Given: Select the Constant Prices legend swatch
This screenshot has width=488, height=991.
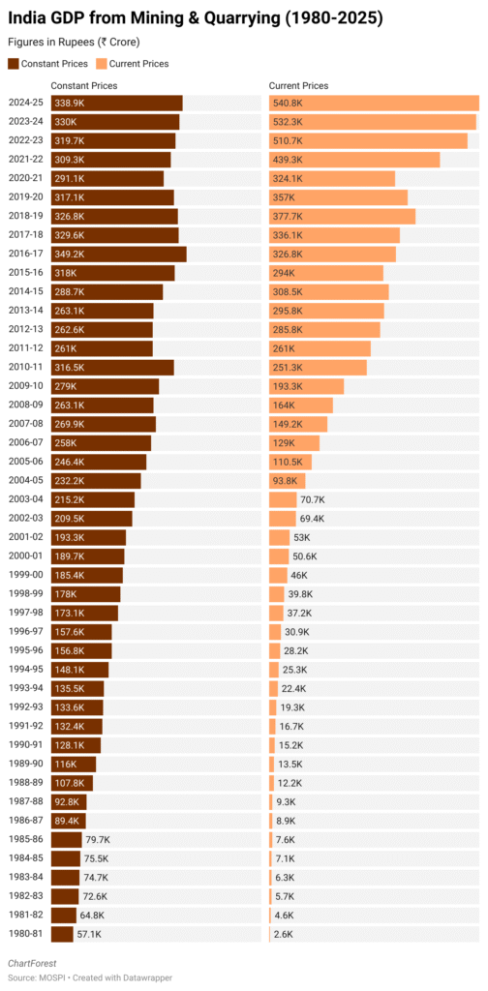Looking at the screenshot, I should tap(14, 64).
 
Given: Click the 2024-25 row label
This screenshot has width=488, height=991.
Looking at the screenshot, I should tap(24, 103).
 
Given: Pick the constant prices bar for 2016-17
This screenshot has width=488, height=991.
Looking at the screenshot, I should tap(118, 254).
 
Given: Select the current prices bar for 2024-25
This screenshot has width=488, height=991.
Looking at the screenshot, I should tap(374, 103).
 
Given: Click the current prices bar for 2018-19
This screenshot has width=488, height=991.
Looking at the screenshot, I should tap(342, 216).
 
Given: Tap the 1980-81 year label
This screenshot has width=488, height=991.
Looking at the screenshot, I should tap(24, 935).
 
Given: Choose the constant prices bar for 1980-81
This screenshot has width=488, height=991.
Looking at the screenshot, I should tap(62, 935).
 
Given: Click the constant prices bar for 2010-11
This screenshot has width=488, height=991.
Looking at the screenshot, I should tap(112, 367).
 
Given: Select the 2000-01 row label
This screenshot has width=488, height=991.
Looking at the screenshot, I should tap(24, 556).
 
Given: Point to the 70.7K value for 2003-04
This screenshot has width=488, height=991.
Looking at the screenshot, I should tap(313, 499).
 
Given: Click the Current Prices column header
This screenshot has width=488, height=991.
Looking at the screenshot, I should tap(296, 86).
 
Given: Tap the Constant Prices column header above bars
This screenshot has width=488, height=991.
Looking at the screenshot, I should tap(84, 86).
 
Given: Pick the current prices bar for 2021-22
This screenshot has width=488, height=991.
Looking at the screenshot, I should tap(354, 160).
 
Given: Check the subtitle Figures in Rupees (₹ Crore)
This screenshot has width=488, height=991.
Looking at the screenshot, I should tap(73, 43).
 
